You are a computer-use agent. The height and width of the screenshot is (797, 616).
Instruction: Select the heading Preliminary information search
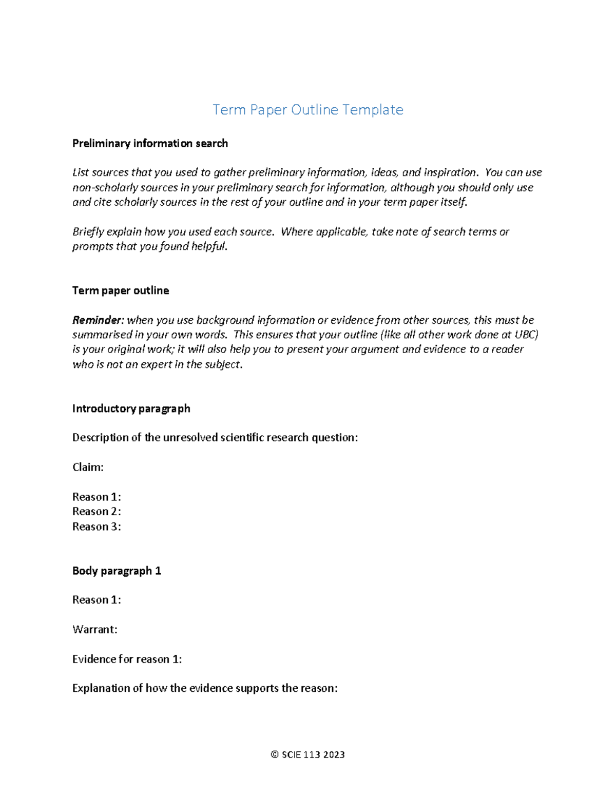coord(150,144)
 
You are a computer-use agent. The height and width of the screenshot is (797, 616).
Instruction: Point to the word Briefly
coord(88,232)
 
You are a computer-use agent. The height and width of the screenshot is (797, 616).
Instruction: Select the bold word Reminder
coord(98,320)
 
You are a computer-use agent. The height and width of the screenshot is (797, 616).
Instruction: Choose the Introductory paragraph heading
coord(131,409)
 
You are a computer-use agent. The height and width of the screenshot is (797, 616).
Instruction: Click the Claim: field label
coord(88,468)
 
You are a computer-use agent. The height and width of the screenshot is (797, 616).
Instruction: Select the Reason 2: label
coord(97,512)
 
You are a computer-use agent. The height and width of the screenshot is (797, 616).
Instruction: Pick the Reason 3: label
coord(97,527)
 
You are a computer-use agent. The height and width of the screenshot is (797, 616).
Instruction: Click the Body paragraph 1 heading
coord(117,571)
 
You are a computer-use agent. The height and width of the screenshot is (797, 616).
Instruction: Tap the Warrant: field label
coord(95,630)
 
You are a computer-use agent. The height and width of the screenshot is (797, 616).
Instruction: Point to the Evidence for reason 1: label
coord(127,659)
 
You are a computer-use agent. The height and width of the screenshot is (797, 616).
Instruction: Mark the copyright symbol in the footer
coord(275,754)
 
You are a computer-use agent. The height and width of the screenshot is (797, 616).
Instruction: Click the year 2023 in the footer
coord(334,754)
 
